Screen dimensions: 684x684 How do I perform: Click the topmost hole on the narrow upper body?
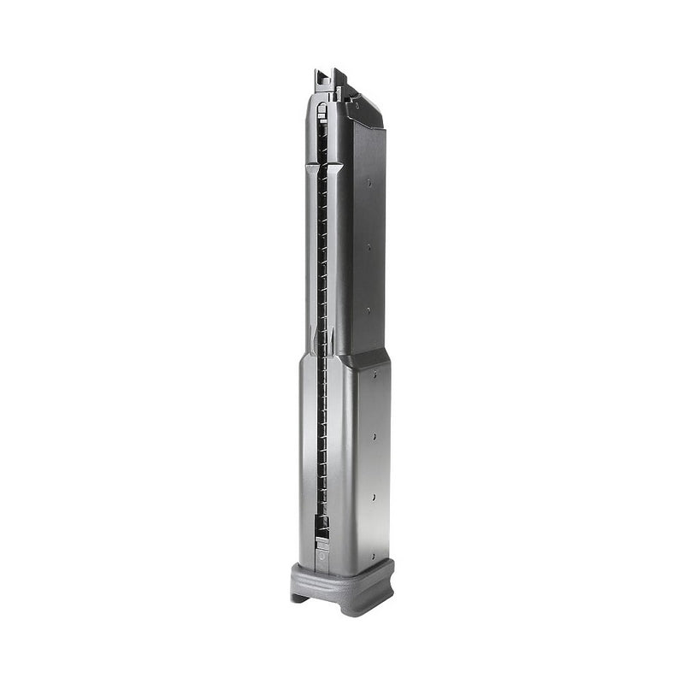(x=369, y=182)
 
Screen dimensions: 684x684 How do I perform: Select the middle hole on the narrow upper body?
(x=369, y=247)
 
